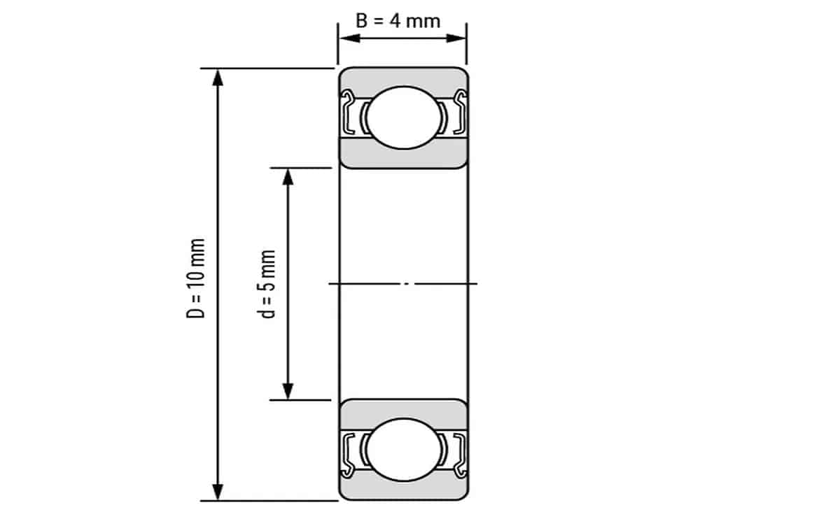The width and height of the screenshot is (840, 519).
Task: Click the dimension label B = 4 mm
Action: [x=398, y=20]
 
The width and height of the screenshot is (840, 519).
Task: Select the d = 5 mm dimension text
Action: [x=268, y=283]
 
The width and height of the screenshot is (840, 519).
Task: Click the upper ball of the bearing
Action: [x=402, y=118]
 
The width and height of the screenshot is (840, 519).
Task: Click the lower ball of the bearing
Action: [x=402, y=450]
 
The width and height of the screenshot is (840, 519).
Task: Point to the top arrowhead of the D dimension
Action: [x=218, y=77]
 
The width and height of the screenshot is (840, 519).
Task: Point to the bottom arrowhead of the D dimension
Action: [x=218, y=491]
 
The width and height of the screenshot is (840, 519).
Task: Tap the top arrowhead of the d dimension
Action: [x=287, y=176]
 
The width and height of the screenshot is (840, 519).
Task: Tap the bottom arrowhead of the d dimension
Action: [x=287, y=391]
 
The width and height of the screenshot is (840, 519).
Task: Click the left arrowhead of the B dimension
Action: [x=347, y=37]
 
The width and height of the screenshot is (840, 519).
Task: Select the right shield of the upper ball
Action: [x=460, y=113]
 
